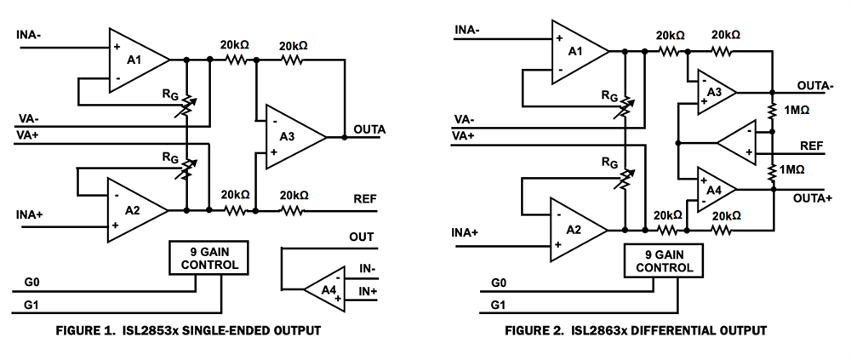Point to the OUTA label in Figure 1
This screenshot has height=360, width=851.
368,129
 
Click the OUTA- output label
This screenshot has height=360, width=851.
816,87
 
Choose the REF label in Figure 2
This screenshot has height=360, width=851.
812,146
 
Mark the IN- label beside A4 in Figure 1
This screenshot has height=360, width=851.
367,269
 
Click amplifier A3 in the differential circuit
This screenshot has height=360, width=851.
712,92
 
